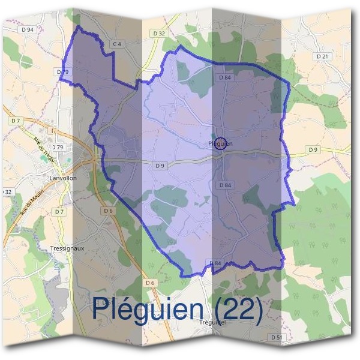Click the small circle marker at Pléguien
(220, 143)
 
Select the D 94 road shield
(26, 29)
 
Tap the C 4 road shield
(117, 44)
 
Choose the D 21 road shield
(323, 56)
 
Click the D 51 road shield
(277, 338)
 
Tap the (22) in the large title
(238, 308)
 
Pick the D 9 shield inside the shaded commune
(159, 166)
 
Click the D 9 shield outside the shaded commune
(313, 149)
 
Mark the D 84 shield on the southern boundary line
(216, 263)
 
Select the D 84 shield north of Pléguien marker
(225, 77)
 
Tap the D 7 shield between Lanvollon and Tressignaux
(59, 212)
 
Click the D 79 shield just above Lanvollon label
(58, 147)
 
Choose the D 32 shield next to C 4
(158, 34)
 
